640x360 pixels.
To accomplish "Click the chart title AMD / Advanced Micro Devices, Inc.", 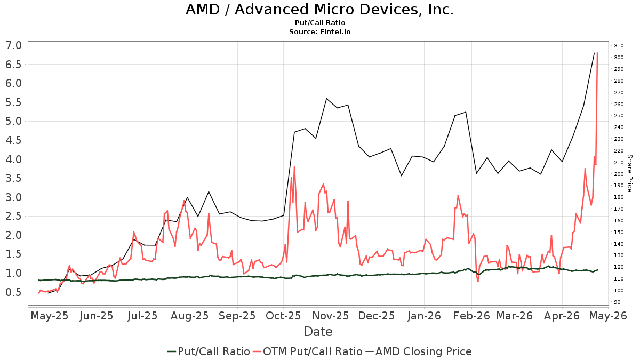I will point(320,10).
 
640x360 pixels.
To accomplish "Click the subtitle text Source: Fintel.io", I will point(320,32).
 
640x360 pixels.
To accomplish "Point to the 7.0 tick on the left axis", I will point(14,45).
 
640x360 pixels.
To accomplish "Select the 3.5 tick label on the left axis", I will point(14,178).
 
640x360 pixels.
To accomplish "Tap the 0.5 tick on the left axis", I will point(14,292).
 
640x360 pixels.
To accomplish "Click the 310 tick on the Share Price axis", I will point(619,45).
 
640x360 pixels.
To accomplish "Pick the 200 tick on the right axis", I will point(619,174).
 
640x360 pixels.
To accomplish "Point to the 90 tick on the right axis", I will point(617,302).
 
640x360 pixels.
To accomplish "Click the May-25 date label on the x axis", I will point(50,316).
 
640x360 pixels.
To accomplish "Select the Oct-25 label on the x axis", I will point(284,316).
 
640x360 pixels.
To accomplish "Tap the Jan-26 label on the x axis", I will point(424,316).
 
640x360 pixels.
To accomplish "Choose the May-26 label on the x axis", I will point(611,316).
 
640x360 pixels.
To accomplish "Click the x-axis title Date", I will point(318,332).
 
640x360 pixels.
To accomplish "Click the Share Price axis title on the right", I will point(629,173).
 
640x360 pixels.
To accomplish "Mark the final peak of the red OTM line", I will point(597,53).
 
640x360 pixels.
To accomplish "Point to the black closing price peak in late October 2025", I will point(326,99).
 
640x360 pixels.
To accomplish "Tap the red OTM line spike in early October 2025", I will point(294,167).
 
